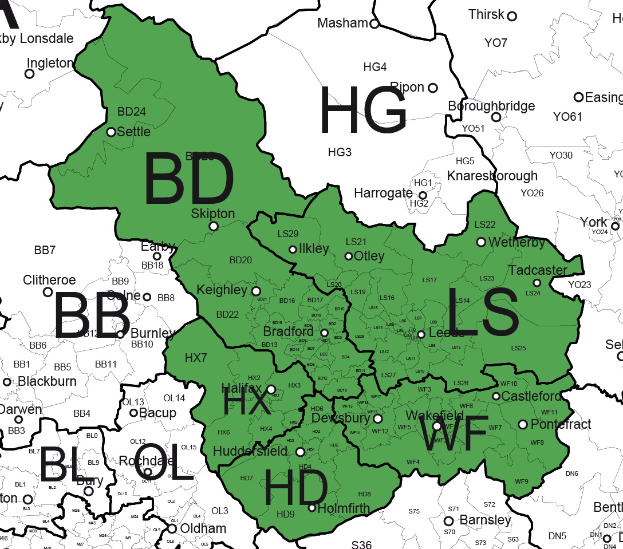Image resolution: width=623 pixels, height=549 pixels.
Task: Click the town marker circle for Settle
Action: (111, 132)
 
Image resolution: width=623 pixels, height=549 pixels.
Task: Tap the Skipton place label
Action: (213, 214)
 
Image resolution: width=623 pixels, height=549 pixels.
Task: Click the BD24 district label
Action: (132, 112)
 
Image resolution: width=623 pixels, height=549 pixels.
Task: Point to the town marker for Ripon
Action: (433, 88)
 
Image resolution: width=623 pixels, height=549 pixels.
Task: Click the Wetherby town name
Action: (516, 242)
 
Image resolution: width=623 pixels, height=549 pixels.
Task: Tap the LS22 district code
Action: (485, 225)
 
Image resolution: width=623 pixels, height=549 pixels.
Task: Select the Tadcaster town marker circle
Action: (537, 283)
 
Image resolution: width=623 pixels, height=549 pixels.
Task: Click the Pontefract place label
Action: (553, 424)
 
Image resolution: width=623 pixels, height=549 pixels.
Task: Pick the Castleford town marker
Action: (496, 396)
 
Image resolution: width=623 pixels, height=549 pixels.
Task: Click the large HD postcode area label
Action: (295, 490)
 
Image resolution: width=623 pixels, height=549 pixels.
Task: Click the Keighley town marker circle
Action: (256, 291)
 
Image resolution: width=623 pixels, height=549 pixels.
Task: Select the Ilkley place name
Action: (313, 249)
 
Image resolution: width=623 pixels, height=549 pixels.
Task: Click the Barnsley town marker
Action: (449, 521)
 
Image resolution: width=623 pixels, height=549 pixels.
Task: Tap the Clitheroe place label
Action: (49, 280)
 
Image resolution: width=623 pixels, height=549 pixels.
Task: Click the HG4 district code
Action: (375, 67)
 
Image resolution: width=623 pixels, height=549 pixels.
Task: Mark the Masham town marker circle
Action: (374, 23)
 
